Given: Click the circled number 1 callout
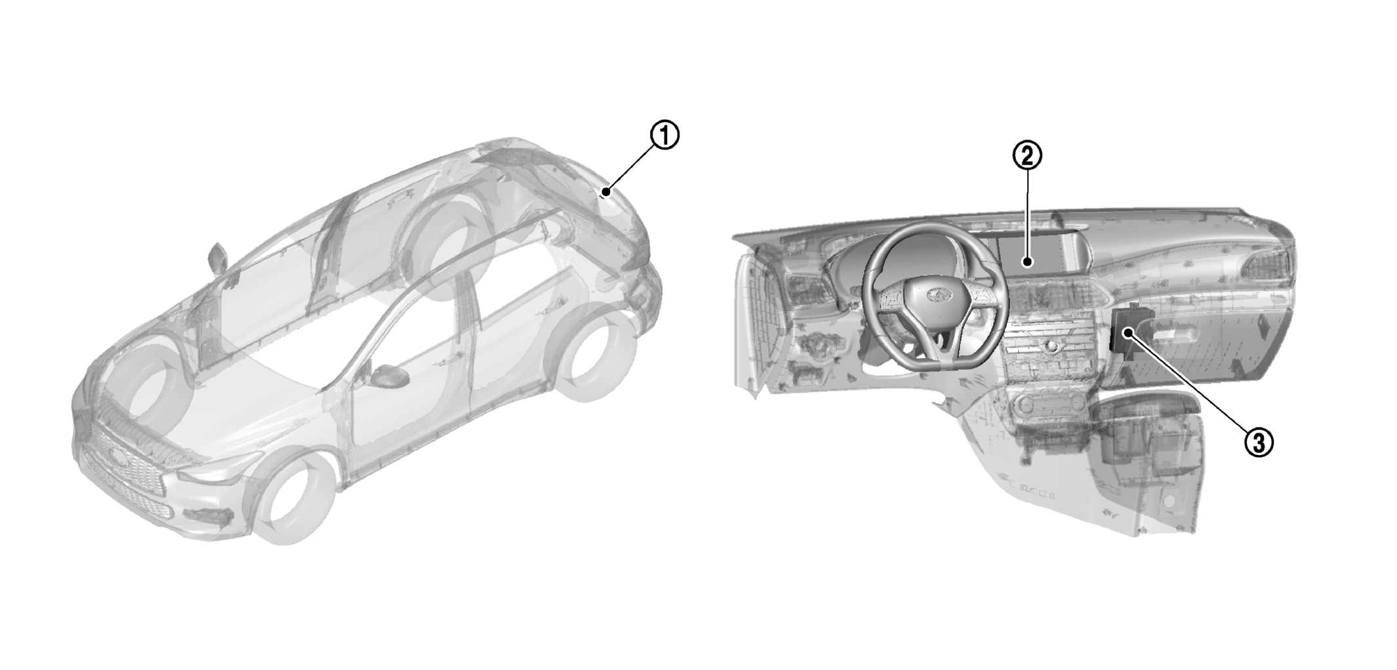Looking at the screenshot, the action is tap(664, 136).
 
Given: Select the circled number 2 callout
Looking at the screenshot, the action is tap(1027, 156).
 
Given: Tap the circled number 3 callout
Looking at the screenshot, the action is tap(1259, 443).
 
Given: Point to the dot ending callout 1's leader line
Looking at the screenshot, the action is tap(607, 192).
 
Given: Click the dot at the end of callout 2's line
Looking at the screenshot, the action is tap(1027, 263).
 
